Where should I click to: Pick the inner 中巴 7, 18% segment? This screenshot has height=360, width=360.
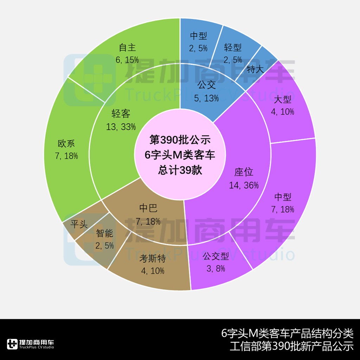point(148,214)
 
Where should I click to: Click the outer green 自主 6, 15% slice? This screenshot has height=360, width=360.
point(127,53)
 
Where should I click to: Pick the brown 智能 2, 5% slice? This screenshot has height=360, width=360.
point(104,239)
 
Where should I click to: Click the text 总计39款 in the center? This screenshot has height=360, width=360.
point(180,170)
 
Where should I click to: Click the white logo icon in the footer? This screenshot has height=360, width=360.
point(12,344)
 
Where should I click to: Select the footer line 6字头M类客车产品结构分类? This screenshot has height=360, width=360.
point(287,333)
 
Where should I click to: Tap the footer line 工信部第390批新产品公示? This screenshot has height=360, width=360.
point(291,346)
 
